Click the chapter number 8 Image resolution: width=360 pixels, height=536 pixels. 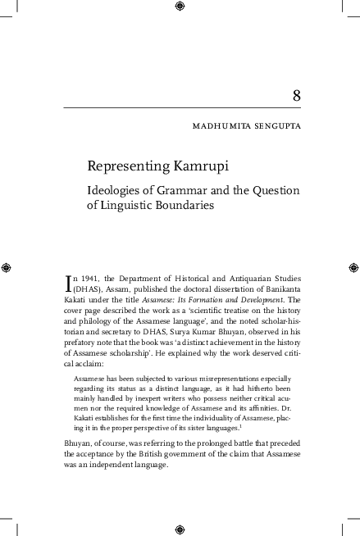click(296, 97)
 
